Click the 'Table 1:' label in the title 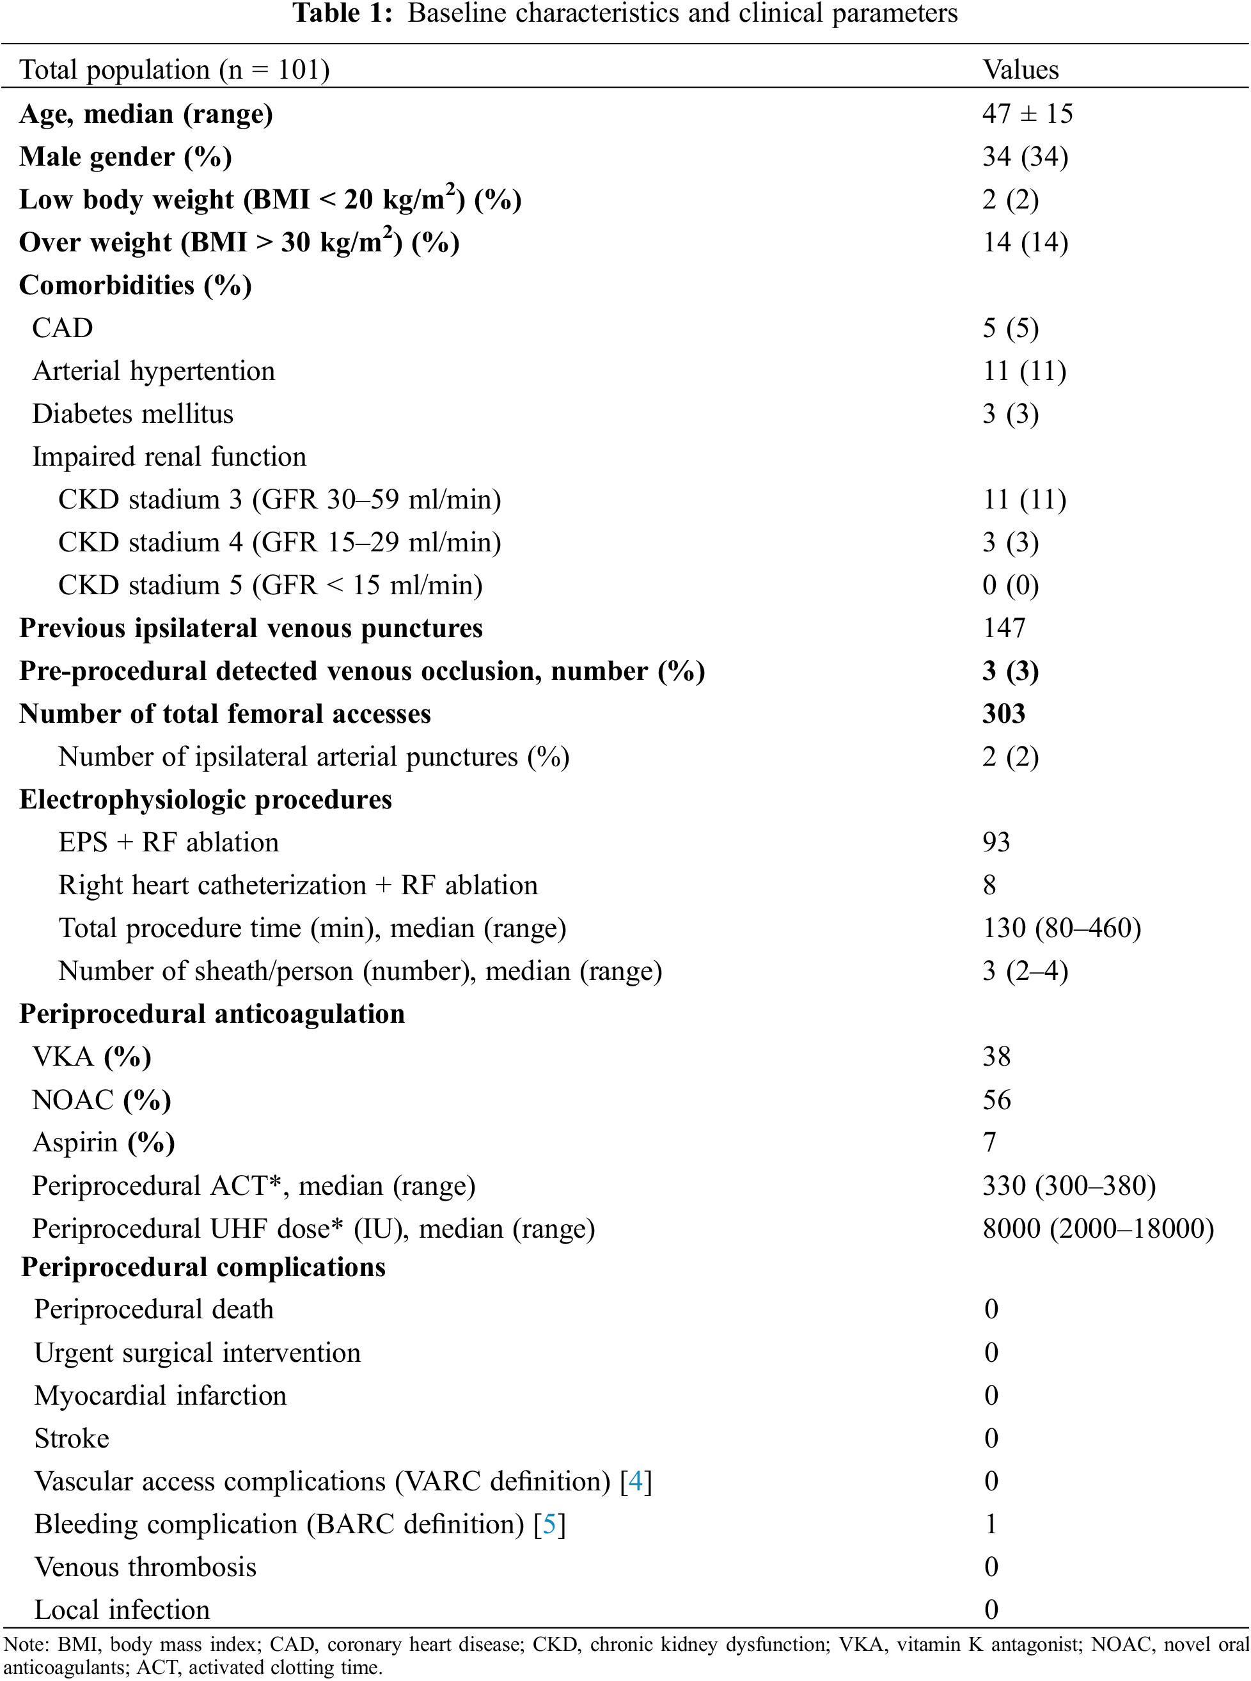click(x=342, y=13)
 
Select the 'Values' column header click(x=1020, y=70)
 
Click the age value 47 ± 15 click(x=1027, y=114)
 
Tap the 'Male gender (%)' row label click(x=125, y=157)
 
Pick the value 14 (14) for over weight click(x=1025, y=242)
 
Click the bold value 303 click(x=1003, y=714)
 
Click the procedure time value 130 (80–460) click(x=1061, y=928)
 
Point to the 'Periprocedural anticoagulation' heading click(x=212, y=1014)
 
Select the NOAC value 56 click(x=996, y=1100)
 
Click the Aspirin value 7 click(x=989, y=1142)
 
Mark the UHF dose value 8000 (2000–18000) click(x=1098, y=1228)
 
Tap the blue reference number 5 click(x=549, y=1524)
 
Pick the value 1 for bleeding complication click(x=991, y=1524)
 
